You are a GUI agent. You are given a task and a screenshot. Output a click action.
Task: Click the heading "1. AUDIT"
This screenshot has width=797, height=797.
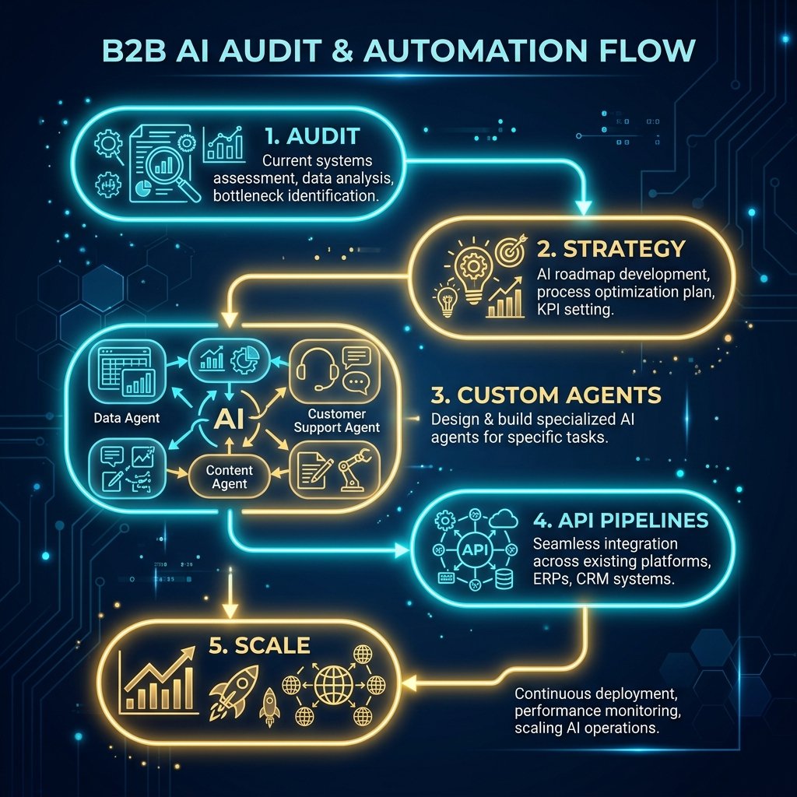[x=313, y=136]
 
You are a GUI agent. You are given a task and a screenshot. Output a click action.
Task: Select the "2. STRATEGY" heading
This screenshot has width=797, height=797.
[x=612, y=249]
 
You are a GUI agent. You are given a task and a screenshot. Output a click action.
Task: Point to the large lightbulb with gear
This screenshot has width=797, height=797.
[x=473, y=269]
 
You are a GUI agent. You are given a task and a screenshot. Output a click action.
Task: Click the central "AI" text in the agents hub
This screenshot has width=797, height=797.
[x=229, y=419]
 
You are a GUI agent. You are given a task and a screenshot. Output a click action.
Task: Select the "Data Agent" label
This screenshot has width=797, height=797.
[x=127, y=418]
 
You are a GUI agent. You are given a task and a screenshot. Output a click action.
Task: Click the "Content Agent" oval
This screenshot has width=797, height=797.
[x=230, y=477]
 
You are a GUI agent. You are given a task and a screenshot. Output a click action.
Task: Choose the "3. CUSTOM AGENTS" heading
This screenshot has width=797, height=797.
[x=546, y=395]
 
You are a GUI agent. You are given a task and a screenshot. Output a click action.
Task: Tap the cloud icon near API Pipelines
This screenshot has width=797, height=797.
[x=504, y=519]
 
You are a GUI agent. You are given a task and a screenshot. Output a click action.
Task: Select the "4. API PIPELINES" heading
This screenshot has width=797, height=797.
[x=620, y=520]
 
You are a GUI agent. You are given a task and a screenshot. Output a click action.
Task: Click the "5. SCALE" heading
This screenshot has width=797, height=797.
[x=259, y=645]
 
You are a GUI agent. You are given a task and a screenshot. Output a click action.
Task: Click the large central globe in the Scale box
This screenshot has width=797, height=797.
[x=333, y=684]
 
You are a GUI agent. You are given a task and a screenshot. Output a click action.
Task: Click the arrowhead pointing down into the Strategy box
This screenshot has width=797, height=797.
[x=583, y=207]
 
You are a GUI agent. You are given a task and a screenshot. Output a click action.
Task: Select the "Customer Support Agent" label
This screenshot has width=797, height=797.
[x=336, y=421]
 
